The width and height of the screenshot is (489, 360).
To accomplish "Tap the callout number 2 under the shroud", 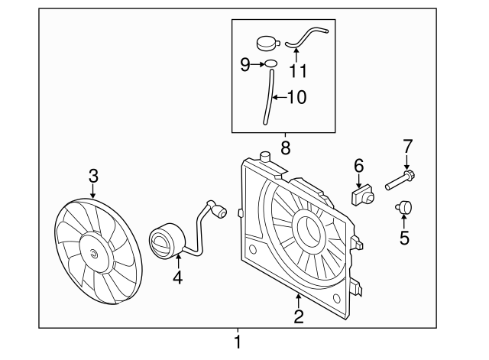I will coord(299,315).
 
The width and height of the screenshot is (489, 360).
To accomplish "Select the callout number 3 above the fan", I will coord(93,177).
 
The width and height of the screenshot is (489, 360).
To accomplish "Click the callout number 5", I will coord(404,238).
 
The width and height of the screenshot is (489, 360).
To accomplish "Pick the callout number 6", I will coord(358,165).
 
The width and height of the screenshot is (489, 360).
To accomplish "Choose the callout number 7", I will coord(407,145).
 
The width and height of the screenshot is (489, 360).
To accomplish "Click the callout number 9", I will coord(245,65).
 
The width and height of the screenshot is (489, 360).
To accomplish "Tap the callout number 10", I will coord(297,97).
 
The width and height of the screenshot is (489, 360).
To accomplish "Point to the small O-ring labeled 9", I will coord(270,63).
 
